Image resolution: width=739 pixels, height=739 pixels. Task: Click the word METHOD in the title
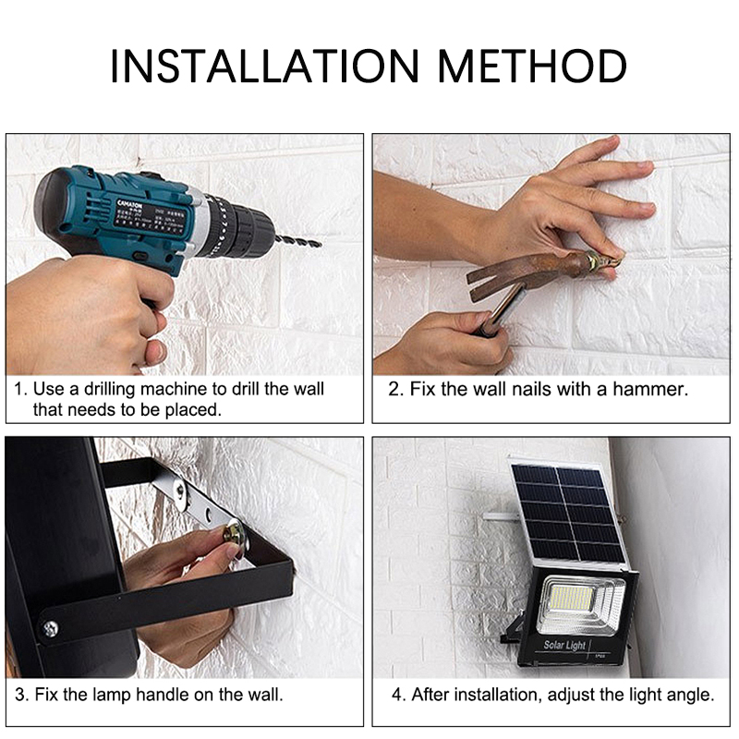532,67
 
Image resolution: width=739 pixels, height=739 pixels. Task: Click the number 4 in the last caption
393,694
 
